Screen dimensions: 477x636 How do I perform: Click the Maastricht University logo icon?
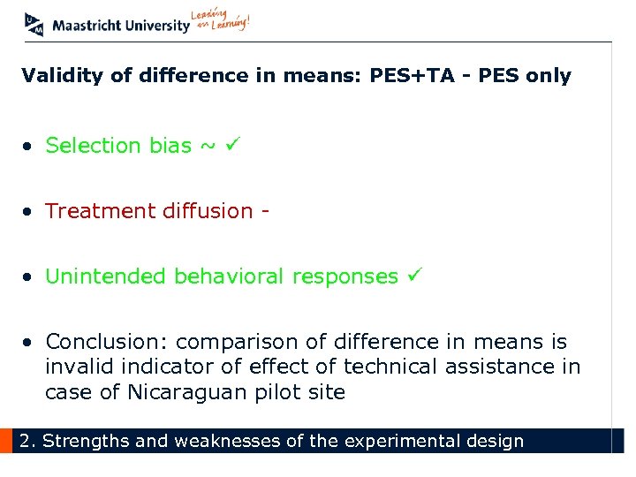[34, 24]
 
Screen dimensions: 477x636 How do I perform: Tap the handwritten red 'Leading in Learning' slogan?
[221, 21]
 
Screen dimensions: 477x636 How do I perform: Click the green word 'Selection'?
[95, 146]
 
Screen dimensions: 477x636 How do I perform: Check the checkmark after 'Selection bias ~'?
[232, 144]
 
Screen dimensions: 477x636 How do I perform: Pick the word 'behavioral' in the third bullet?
[232, 276]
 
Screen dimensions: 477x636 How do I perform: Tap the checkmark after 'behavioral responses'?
[414, 276]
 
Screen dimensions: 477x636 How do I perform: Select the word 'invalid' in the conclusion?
[76, 367]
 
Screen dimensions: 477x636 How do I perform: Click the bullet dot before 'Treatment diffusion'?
[29, 212]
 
